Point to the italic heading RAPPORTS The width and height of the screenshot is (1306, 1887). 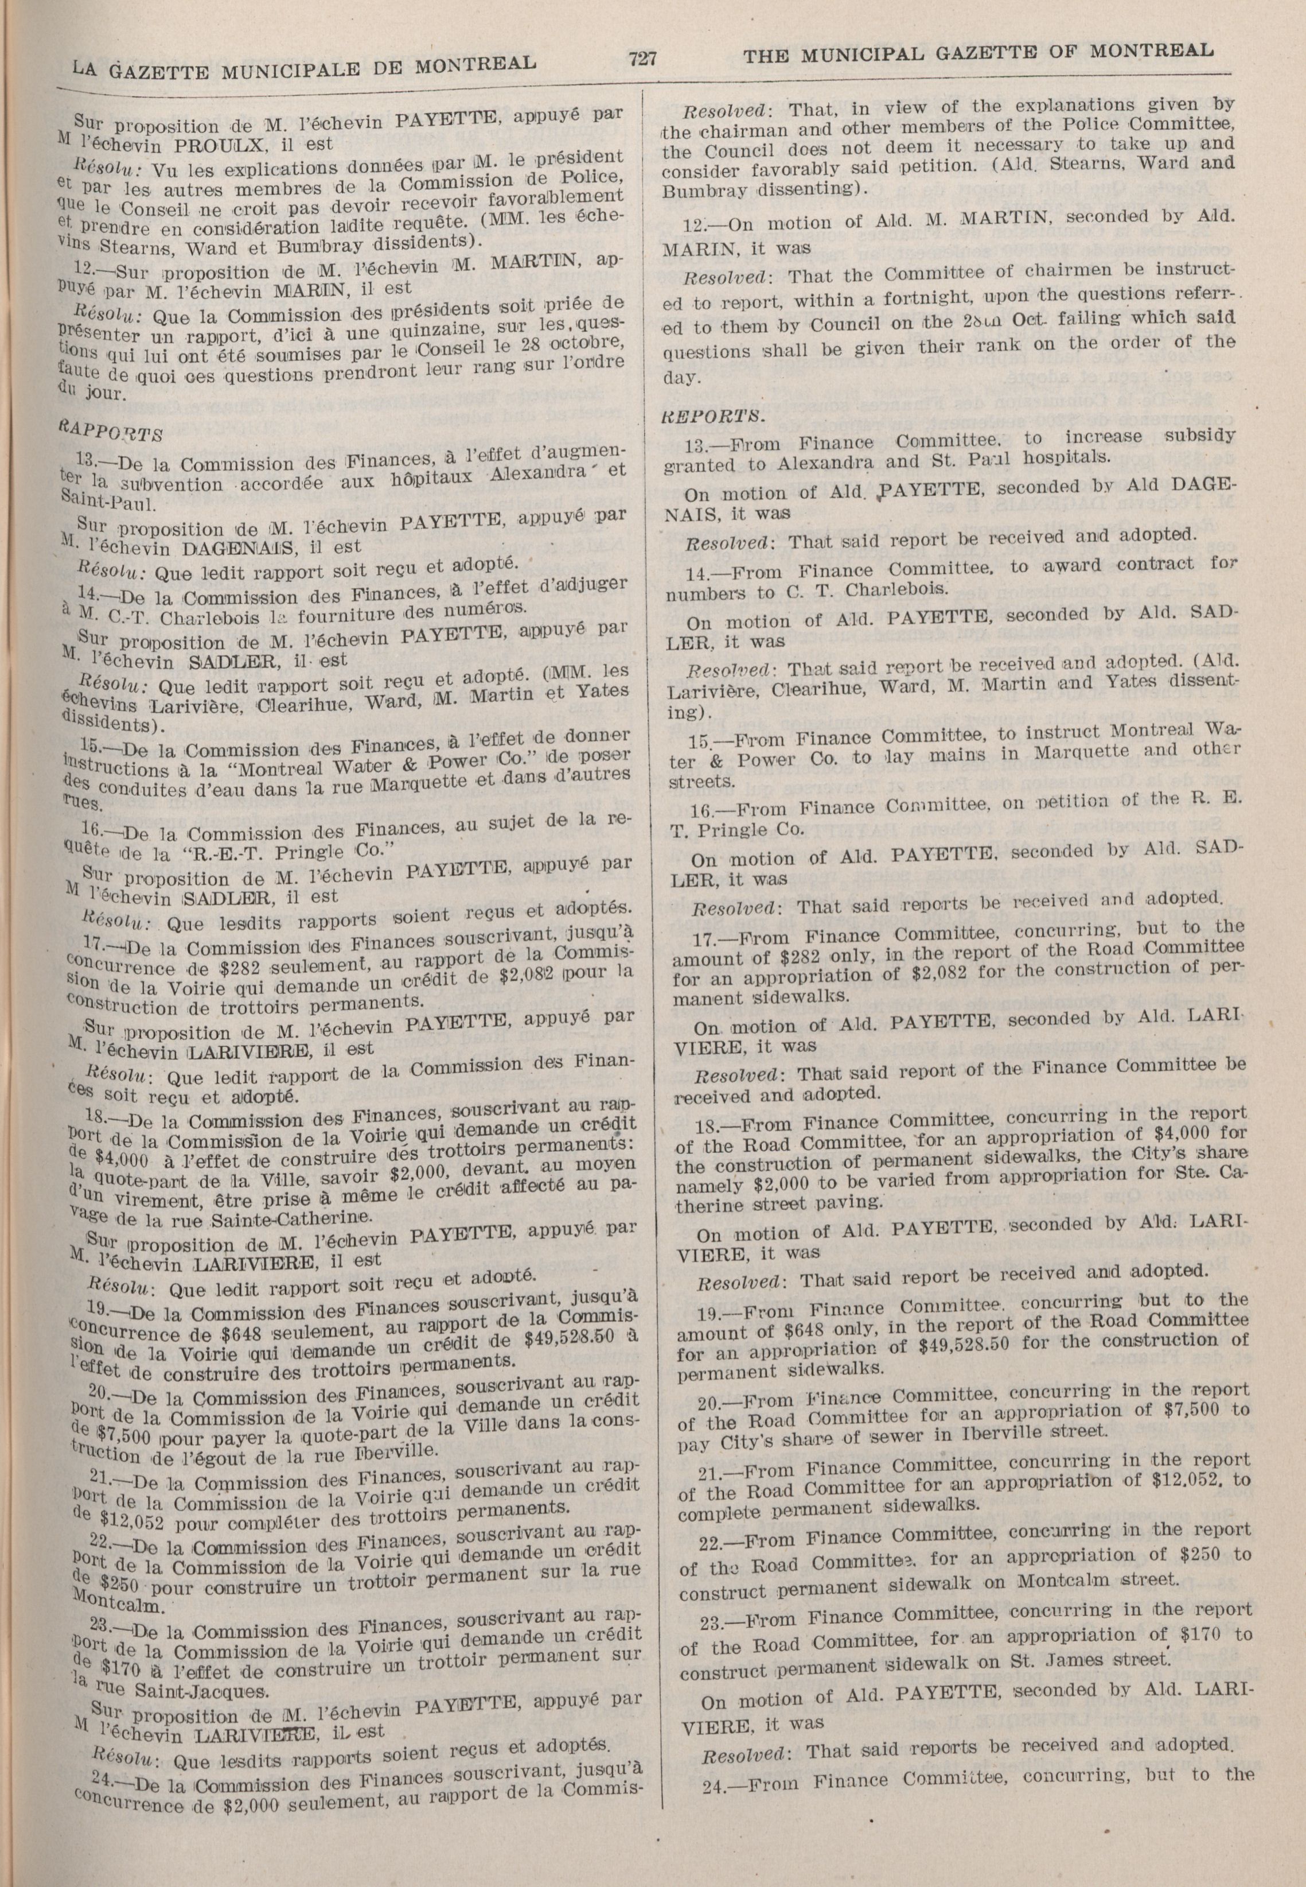111,430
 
